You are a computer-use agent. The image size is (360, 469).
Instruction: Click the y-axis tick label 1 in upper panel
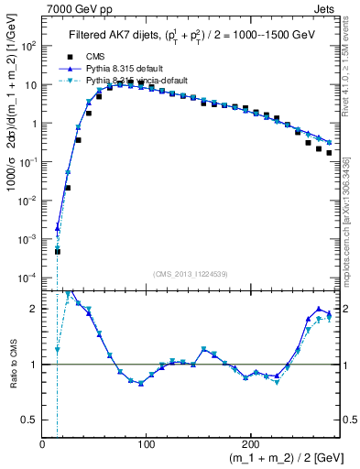coord(33,123)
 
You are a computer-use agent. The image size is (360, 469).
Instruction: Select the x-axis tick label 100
coord(146,444)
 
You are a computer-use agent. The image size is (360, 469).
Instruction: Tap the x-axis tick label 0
coord(43,444)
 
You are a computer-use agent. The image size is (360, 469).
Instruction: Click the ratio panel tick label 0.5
coord(29,420)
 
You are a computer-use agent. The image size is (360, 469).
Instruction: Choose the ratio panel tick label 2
coord(34,309)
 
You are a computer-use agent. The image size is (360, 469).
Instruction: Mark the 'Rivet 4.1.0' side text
coord(349,73)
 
